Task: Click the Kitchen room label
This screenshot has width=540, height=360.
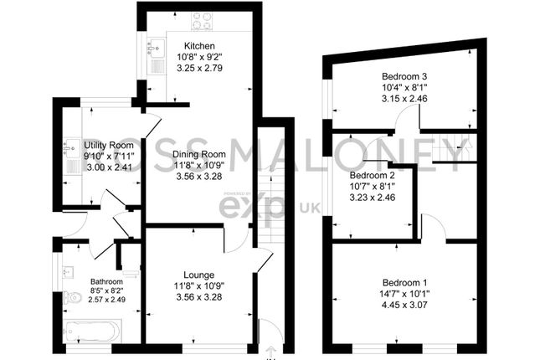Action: coord(199,46)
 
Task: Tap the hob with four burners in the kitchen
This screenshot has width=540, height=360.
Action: coord(202,20)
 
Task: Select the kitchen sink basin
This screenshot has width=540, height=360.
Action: coord(157,47)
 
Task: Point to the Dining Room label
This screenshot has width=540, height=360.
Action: coord(199,154)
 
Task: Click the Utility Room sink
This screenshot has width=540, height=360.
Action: coord(72,148)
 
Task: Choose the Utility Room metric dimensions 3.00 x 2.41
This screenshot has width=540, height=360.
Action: coord(109,168)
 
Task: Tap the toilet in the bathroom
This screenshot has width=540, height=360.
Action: coord(72,296)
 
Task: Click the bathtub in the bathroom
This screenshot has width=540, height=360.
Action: coord(92,331)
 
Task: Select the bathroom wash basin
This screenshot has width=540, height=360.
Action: coord(68,272)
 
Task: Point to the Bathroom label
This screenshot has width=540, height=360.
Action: coord(106,281)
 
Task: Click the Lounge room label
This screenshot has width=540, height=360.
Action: coord(199,275)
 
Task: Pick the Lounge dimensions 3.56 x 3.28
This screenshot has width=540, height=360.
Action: coord(199,297)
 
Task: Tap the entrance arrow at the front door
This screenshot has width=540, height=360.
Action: coord(270,352)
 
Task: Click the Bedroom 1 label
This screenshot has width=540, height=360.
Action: coord(405,283)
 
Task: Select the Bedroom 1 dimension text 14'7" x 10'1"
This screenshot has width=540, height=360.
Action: coord(405,294)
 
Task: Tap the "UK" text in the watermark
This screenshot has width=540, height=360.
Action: coord(310,208)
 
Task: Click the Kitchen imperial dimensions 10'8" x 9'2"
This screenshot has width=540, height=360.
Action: coord(199,57)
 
